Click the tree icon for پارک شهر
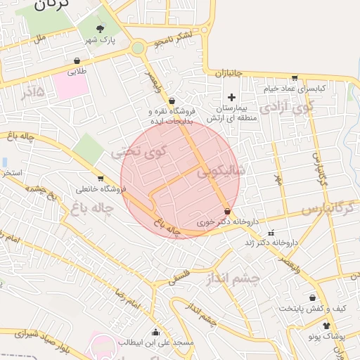coord(100,30)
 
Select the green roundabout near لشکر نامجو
coord(138,48)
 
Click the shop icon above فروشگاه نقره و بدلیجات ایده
coord(172,101)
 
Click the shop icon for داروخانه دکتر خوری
coord(226,211)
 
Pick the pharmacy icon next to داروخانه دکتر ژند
coord(271,232)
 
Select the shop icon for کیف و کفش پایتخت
coord(312,297)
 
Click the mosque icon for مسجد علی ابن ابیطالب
coord(155,332)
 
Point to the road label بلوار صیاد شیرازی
coord(35,340)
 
